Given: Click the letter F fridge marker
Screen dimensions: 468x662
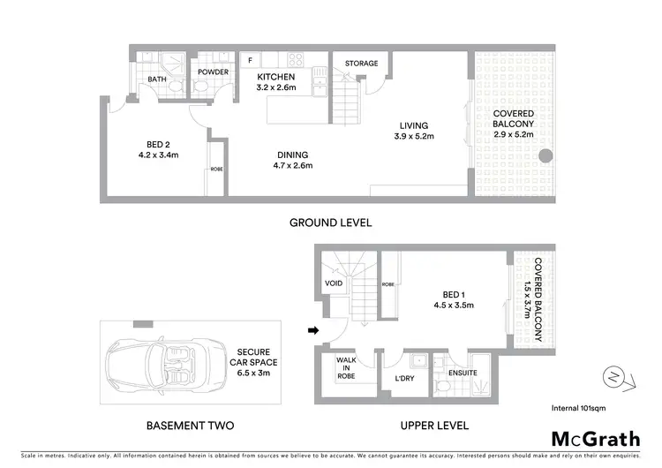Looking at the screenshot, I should (x=250, y=60).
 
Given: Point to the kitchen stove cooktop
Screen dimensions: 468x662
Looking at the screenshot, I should (x=296, y=60).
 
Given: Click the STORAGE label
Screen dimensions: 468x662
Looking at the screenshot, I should (x=362, y=64).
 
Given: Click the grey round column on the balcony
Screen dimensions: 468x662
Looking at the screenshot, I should (x=545, y=156).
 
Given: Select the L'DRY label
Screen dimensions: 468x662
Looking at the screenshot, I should (x=404, y=378).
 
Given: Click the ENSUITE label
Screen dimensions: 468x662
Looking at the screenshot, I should (x=463, y=374).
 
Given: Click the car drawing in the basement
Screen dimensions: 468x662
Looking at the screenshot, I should (x=154, y=366).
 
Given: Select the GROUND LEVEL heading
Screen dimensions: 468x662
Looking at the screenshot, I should (x=331, y=223).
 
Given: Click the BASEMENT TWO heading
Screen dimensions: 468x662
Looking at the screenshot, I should (x=190, y=426).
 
